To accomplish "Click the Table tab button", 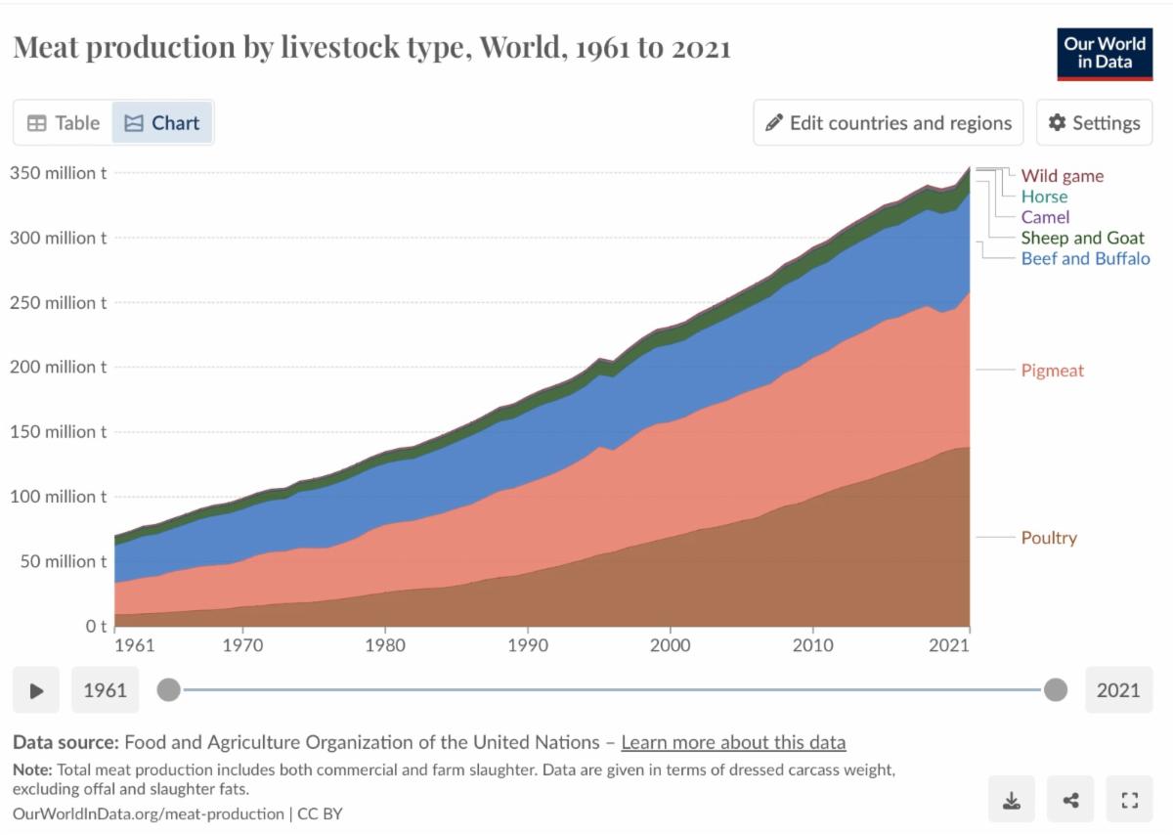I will pyautogui.click(x=64, y=123).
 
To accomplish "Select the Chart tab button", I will pyautogui.click(x=162, y=123).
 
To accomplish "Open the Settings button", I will pyautogui.click(x=1095, y=123).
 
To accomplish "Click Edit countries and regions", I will pyautogui.click(x=888, y=123).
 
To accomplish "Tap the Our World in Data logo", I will pyautogui.click(x=1105, y=54).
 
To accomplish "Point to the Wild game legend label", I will pyautogui.click(x=1062, y=176).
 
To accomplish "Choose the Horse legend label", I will pyautogui.click(x=1044, y=197).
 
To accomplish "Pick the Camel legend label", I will pyautogui.click(x=1045, y=217).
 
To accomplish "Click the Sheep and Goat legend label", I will pyautogui.click(x=1082, y=238).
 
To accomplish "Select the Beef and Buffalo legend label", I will pyautogui.click(x=1085, y=258).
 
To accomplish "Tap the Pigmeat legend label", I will pyautogui.click(x=1052, y=371).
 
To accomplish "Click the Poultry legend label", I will pyautogui.click(x=1049, y=538).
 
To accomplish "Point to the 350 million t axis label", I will pyautogui.click(x=59, y=173).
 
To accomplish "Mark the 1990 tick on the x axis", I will pyautogui.click(x=528, y=645).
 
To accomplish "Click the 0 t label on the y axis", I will pyautogui.click(x=95, y=626).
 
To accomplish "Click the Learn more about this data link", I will pyautogui.click(x=733, y=742).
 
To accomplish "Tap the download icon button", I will pyautogui.click(x=1012, y=801).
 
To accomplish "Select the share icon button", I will pyautogui.click(x=1070, y=801).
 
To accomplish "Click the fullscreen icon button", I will pyautogui.click(x=1130, y=801).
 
